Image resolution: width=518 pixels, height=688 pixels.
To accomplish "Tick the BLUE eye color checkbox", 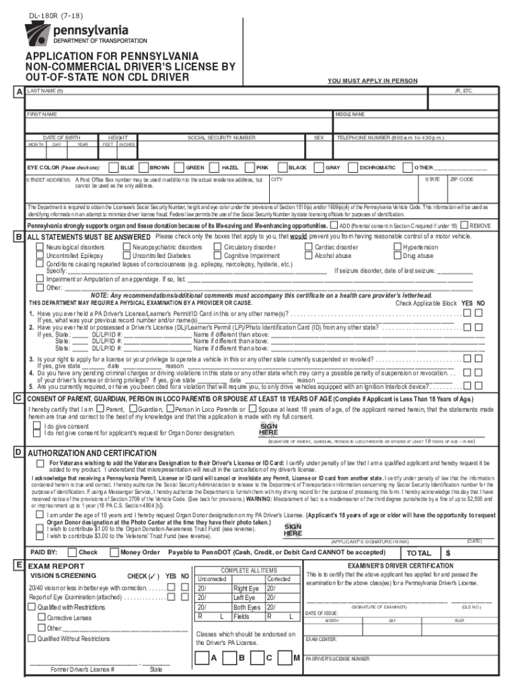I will tap(114, 167).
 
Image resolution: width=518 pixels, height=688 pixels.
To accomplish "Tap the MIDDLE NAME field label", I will tap(350, 114).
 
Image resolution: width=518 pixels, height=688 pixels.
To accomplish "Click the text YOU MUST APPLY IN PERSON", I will tap(372, 81).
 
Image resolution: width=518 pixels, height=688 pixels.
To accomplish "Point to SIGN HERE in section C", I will tap(268, 429).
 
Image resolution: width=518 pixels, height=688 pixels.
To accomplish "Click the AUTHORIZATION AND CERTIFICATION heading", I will tap(91, 453).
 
